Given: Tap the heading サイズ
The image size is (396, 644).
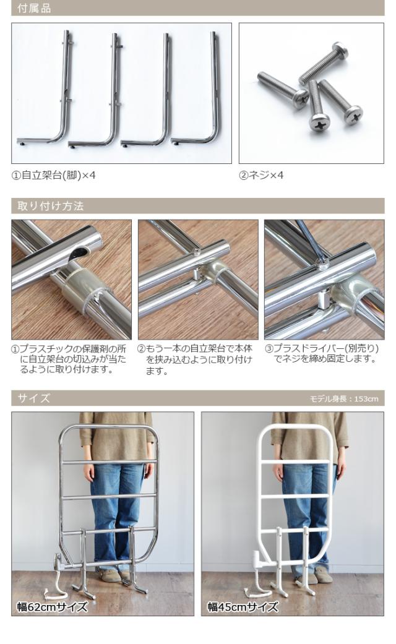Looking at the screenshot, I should click(x=34, y=398).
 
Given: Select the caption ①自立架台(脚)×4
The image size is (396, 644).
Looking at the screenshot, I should click(x=54, y=176).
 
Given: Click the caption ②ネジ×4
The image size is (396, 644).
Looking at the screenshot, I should click(x=261, y=176).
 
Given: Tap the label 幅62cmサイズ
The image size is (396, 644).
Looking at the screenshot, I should click(x=53, y=607).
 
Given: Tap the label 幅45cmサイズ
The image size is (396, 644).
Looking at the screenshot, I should click(x=243, y=607).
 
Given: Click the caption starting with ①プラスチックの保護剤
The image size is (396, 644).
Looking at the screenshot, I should click(x=71, y=359).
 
